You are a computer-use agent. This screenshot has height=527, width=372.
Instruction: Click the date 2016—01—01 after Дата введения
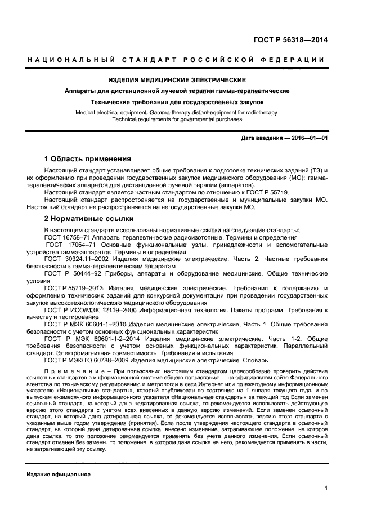[308, 138]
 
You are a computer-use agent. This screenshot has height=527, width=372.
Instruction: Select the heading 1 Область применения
[87, 158]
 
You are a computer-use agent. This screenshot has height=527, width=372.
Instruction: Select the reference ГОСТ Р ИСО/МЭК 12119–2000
[87, 310]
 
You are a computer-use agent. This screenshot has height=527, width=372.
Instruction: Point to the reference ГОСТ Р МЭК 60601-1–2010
[83, 325]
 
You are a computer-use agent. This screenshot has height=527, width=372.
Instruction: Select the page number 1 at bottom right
[326, 489]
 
